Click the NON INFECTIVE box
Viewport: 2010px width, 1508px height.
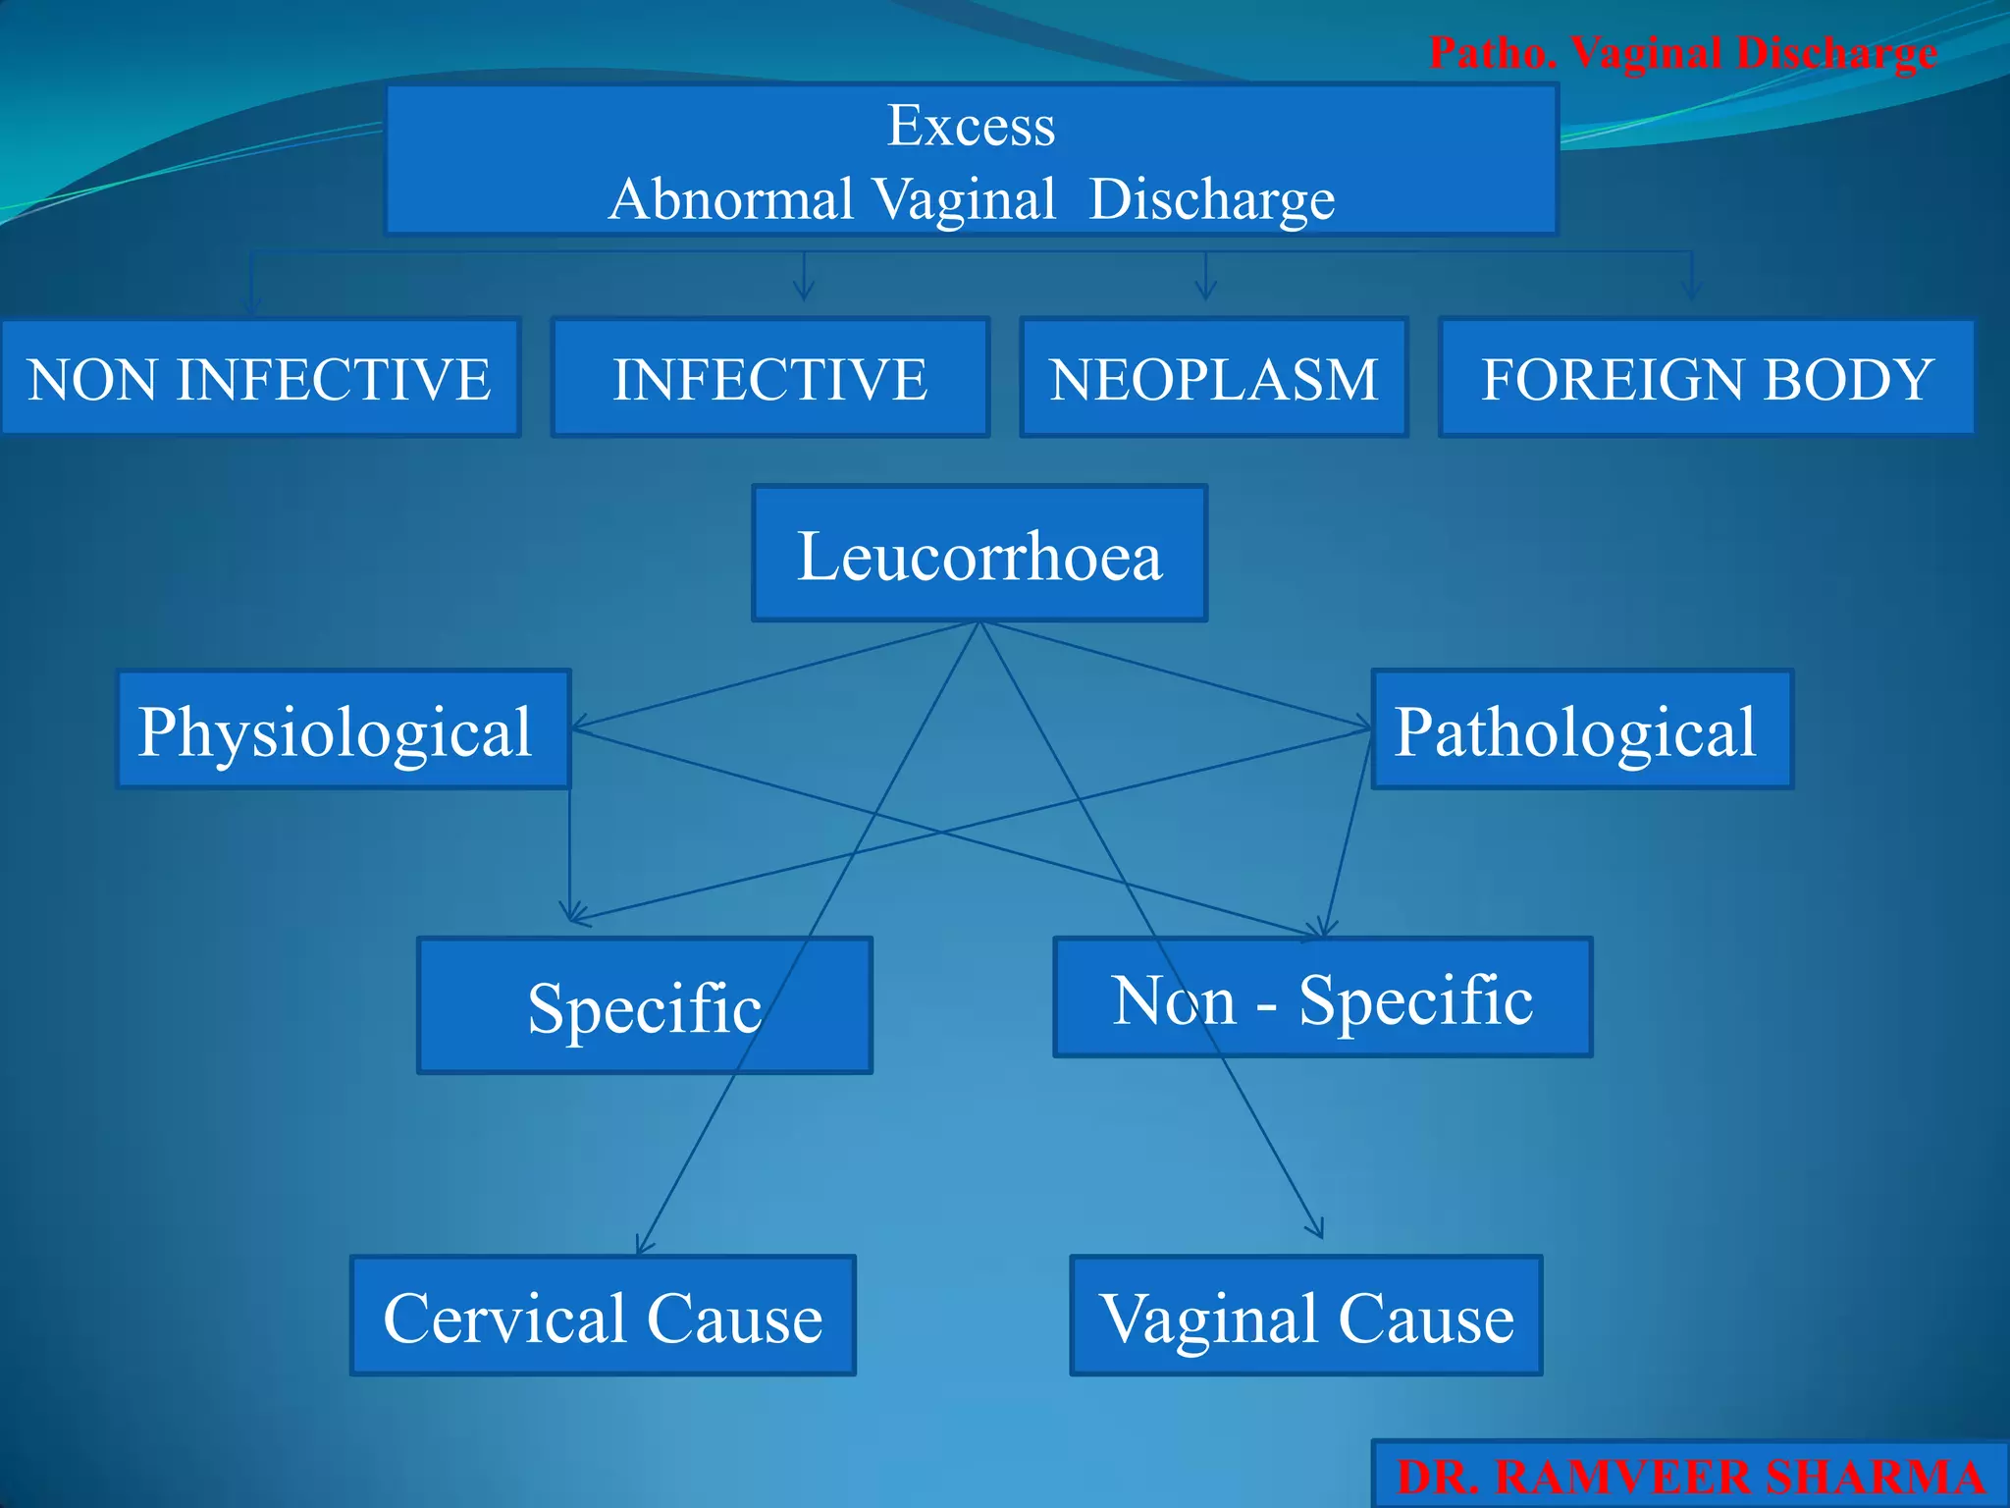pyautogui.click(x=259, y=378)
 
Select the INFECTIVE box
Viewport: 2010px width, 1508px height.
pyautogui.click(x=769, y=378)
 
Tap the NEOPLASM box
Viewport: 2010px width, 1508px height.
pyautogui.click(x=1214, y=378)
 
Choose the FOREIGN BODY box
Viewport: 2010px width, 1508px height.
pyautogui.click(x=1707, y=378)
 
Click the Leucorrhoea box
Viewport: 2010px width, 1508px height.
pyautogui.click(x=979, y=554)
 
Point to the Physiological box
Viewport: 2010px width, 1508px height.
pyautogui.click(x=343, y=729)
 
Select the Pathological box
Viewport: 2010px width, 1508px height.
pyautogui.click(x=1581, y=729)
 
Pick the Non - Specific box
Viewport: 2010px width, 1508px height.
pyautogui.click(x=1322, y=997)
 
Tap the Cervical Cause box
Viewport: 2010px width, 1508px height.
pyautogui.click(x=603, y=1316)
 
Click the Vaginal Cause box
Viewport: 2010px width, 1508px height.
pyautogui.click(x=1305, y=1316)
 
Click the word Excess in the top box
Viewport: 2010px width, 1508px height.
pyautogui.click(x=971, y=126)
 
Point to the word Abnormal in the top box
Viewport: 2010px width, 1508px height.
pyautogui.click(x=730, y=199)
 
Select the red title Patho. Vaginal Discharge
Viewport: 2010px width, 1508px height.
pyautogui.click(x=1682, y=53)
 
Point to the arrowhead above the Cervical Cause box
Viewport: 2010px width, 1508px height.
pyautogui.click(x=643, y=1245)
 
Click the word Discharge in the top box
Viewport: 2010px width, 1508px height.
pyautogui.click(x=1212, y=199)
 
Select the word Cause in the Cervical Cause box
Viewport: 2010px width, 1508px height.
pyautogui.click(x=734, y=1318)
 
